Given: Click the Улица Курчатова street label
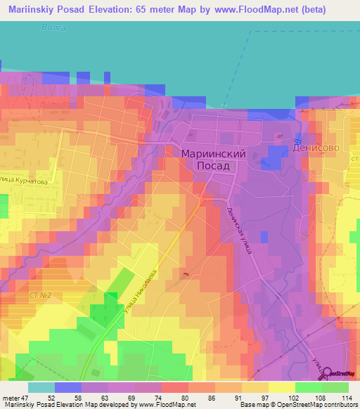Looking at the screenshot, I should (22, 180).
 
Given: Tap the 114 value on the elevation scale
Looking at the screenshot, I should (345, 398).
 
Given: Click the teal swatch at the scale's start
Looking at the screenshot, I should (41, 387).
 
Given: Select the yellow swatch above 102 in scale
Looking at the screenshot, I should (282, 387).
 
